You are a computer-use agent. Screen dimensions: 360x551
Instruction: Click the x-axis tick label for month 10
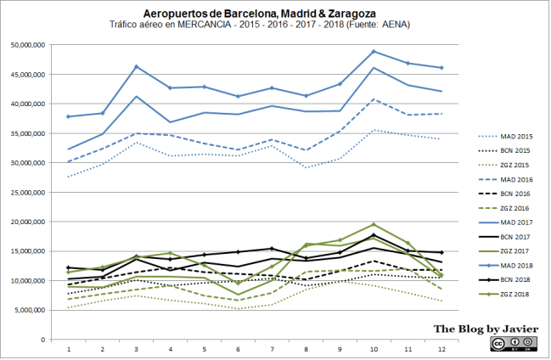[374, 348]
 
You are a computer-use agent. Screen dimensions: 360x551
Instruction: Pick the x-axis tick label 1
[69, 348]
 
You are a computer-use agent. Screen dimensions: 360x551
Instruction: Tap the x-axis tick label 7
[272, 348]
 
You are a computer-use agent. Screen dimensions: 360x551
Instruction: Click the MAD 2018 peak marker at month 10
[374, 52]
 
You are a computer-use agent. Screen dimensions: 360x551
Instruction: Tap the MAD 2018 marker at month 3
[137, 66]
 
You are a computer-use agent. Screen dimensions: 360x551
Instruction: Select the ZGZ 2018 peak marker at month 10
[374, 225]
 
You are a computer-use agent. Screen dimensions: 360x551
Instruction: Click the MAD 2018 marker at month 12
[441, 68]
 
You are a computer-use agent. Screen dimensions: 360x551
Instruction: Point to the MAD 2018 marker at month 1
[69, 116]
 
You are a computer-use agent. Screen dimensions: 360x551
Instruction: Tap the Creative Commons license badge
[509, 344]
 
